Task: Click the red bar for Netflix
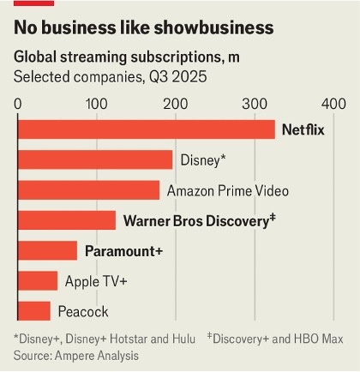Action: point(146,129)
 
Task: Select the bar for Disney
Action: point(94,159)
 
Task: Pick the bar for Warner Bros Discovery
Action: point(66,220)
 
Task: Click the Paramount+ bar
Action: point(47,250)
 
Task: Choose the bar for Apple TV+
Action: point(37,281)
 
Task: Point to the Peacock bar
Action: point(33,311)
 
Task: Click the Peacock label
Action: point(83,311)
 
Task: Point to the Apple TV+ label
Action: point(96,281)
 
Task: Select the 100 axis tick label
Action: point(97,103)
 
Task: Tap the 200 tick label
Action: point(176,103)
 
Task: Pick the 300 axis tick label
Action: point(255,103)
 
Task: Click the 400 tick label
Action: point(332,103)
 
